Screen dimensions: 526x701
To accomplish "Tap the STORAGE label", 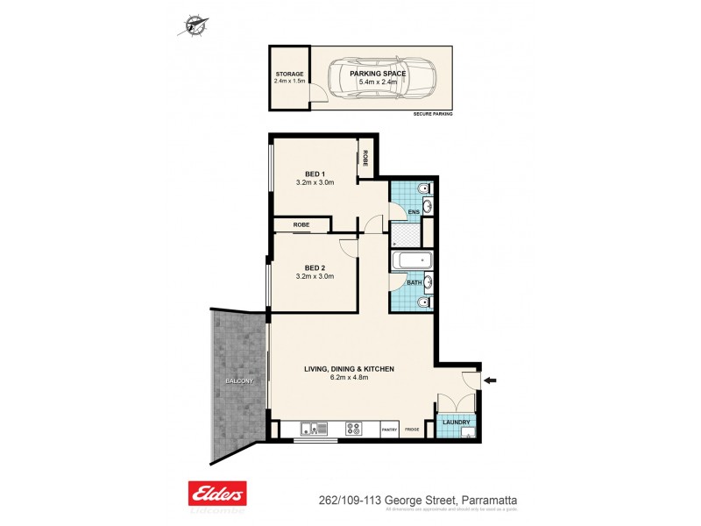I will (288, 75).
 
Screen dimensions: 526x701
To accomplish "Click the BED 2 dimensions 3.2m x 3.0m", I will (315, 276).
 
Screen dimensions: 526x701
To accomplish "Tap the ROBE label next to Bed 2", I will (301, 225).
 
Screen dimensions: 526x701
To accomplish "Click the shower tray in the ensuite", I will (405, 235).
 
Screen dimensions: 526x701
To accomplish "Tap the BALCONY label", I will (237, 381).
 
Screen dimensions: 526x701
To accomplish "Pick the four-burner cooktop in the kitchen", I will (356, 429).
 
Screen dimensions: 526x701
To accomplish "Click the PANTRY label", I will (391, 430).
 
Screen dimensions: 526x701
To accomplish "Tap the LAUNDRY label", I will (457, 423).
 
